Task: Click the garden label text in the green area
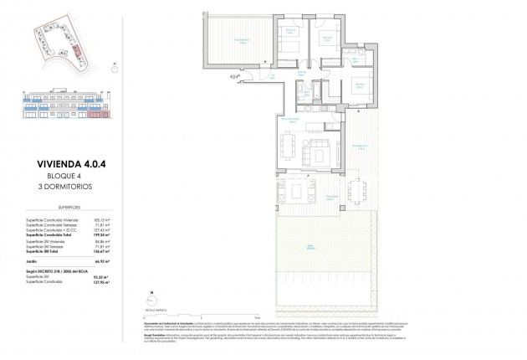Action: point(312,245)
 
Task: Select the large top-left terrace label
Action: point(243,40)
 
